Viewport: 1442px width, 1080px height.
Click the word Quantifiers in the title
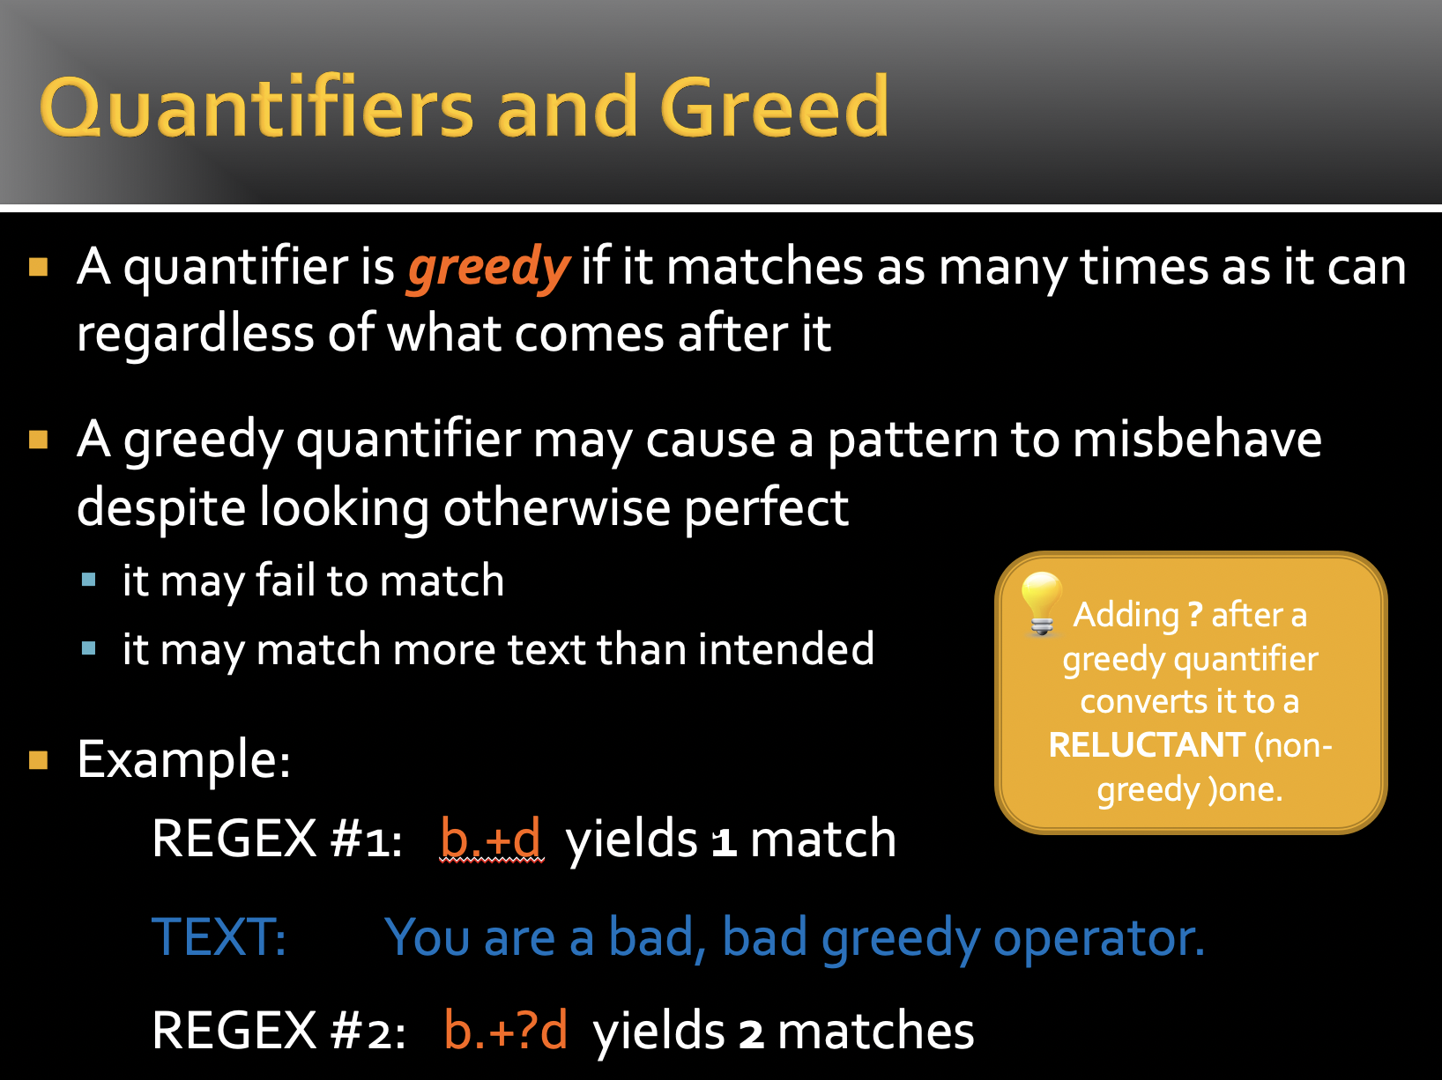256,107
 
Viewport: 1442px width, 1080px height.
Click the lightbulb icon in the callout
1041,603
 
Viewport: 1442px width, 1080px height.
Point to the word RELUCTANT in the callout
1147,745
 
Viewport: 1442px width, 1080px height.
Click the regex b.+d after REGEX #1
491,839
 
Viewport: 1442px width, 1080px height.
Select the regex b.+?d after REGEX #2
505,1030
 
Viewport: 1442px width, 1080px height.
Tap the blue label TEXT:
219,936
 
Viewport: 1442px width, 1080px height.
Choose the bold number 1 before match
724,841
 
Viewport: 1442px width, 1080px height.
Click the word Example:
184,759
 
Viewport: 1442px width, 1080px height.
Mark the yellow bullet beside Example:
39,759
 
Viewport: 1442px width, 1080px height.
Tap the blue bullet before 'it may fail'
89,580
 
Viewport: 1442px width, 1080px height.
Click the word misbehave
1197,439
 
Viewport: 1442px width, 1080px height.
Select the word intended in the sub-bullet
785,648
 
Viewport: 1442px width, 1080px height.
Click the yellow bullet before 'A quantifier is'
39,267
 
